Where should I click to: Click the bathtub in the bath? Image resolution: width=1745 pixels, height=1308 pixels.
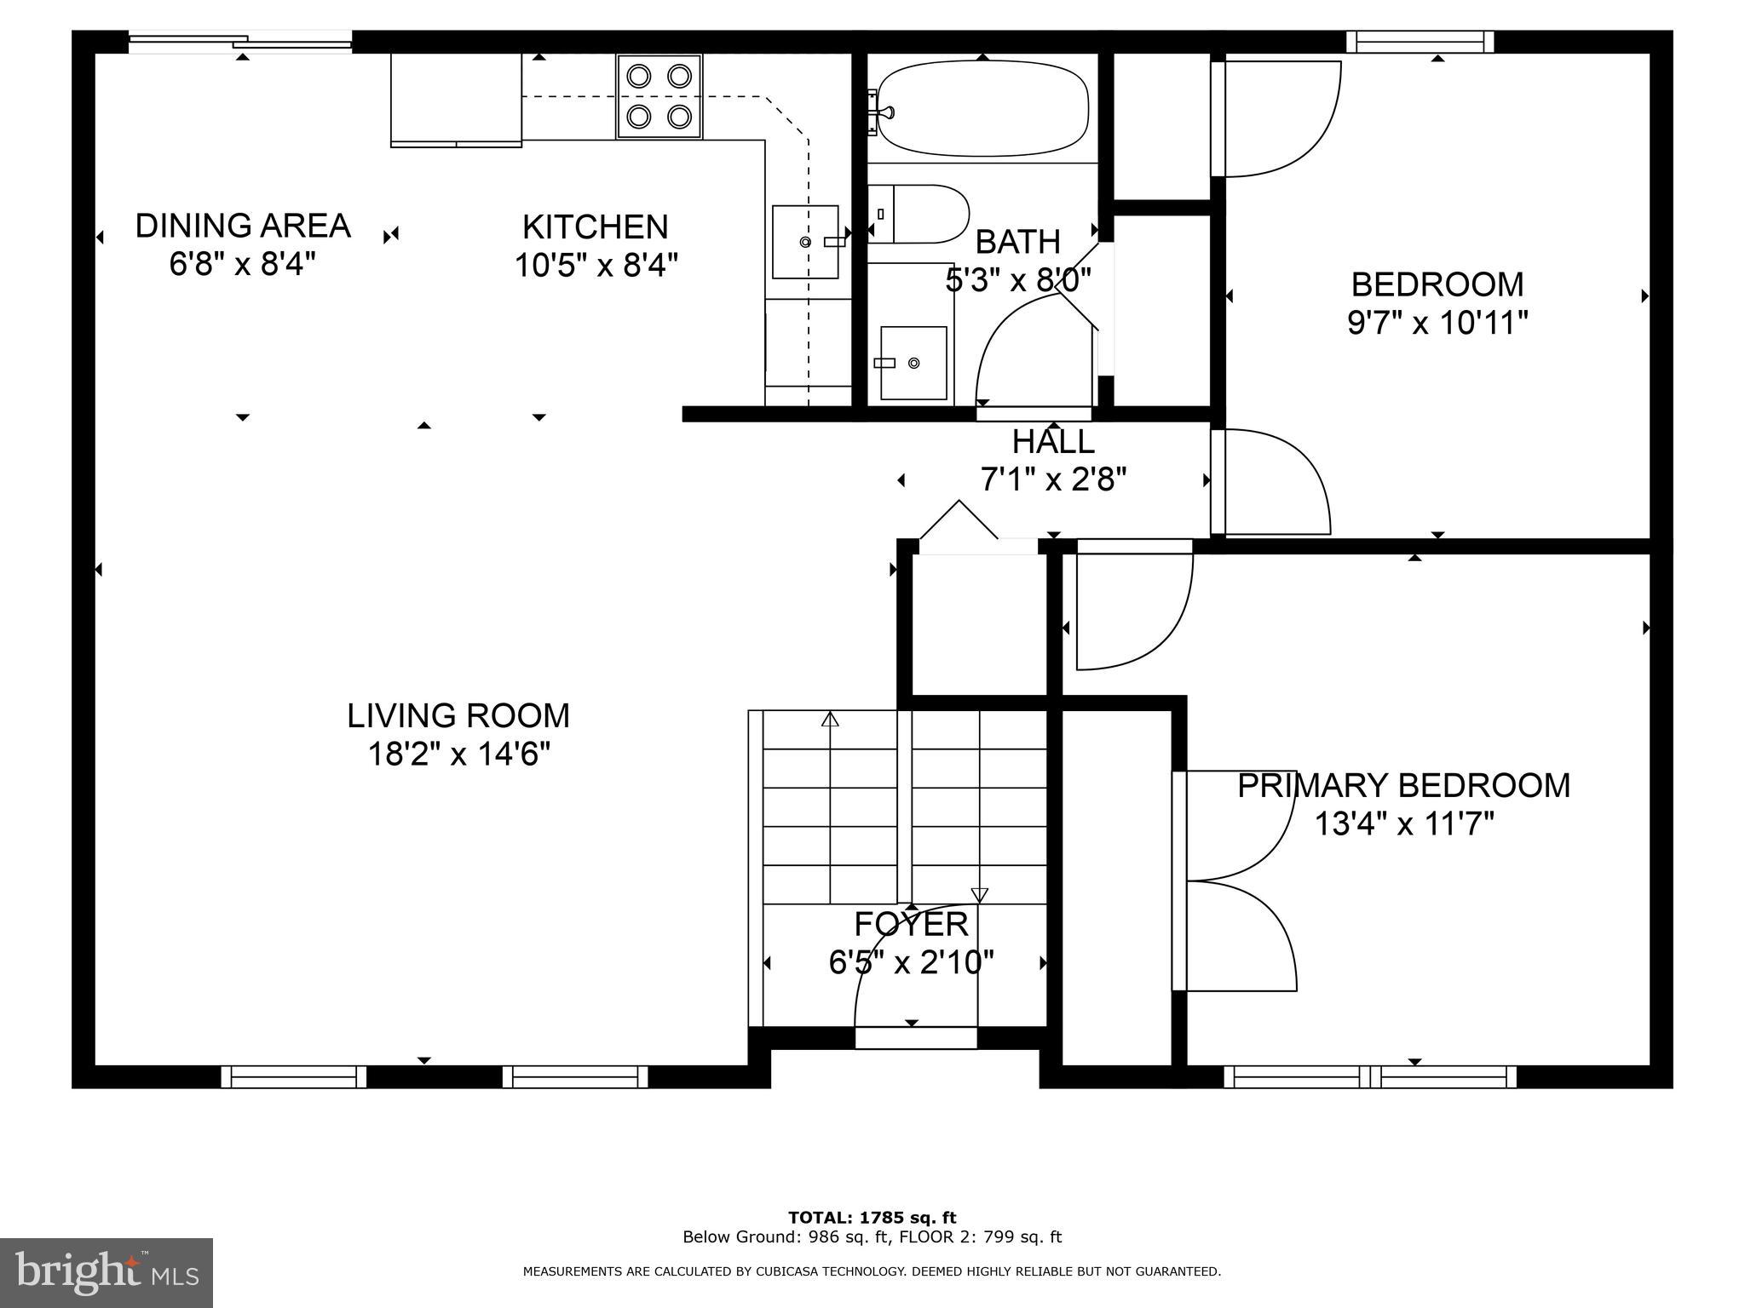click(982, 108)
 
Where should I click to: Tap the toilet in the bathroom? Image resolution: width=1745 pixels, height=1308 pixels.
click(920, 214)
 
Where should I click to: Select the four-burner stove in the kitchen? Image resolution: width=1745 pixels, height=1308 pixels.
click(659, 96)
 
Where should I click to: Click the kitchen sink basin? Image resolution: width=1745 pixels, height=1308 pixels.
click(805, 242)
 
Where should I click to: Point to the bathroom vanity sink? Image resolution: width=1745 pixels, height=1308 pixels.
click(913, 363)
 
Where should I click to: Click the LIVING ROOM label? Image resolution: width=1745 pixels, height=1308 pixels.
click(458, 715)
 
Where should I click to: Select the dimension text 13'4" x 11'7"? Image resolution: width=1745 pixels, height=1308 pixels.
click(1404, 824)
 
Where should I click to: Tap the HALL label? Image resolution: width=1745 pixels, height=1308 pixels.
click(1053, 442)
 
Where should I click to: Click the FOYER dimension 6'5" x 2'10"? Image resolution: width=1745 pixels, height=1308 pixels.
click(911, 962)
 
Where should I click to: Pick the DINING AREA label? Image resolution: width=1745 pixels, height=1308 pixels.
click(243, 226)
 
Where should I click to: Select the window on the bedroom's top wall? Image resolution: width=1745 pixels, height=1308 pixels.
click(1420, 42)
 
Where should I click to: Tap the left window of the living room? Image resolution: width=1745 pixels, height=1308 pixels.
click(294, 1077)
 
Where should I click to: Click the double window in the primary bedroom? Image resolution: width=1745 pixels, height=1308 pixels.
click(1370, 1077)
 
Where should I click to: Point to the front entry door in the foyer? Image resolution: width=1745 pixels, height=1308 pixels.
click(915, 1037)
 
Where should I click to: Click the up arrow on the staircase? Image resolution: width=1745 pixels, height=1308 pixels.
click(830, 720)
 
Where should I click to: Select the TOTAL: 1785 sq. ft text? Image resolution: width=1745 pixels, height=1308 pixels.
click(872, 1218)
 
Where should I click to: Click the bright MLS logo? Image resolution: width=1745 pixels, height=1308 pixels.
click(107, 1273)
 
